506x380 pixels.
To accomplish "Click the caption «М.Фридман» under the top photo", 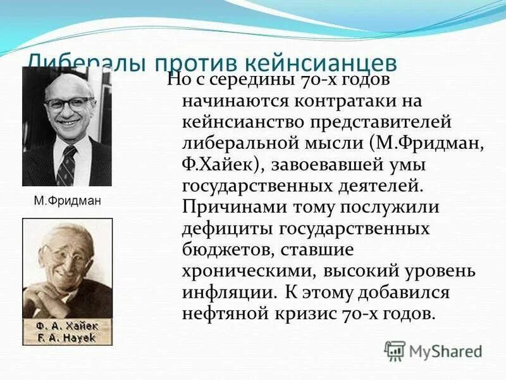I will click(x=66, y=201).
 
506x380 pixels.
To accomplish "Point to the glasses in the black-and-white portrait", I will click(x=69, y=103).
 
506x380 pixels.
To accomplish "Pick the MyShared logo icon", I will click(x=395, y=350).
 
